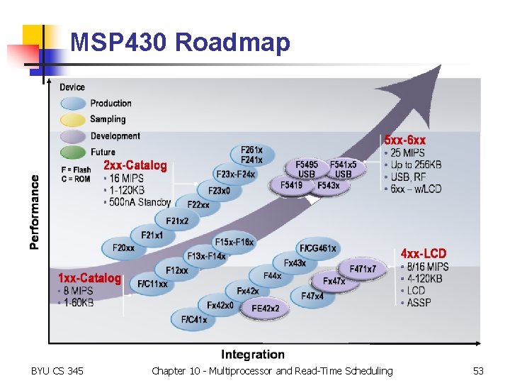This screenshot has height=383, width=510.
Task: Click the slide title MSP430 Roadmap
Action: click(180, 43)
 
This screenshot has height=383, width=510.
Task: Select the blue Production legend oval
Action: click(74, 104)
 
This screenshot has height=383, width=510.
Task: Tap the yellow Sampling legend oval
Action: click(74, 120)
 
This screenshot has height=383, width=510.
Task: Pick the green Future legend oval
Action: click(74, 152)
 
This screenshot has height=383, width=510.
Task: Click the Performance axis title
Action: click(34, 212)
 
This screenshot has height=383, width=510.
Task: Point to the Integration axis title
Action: click(253, 354)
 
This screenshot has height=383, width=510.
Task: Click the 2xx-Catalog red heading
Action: click(135, 166)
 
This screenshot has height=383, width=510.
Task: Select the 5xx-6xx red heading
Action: click(405, 140)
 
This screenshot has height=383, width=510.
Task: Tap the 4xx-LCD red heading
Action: click(423, 253)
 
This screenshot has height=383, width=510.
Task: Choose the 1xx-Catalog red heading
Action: click(89, 278)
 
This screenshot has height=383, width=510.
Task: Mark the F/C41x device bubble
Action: click(193, 320)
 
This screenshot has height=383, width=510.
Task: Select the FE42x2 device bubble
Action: click(266, 309)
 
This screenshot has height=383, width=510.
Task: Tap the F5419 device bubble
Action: click(291, 186)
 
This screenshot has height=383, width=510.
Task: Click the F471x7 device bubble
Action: click(363, 270)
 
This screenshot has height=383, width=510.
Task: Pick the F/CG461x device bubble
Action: click(318, 248)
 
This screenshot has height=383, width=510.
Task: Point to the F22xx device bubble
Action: click(198, 205)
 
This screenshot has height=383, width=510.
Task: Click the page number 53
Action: click(478, 371)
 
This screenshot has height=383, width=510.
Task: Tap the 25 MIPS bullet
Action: click(407, 153)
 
